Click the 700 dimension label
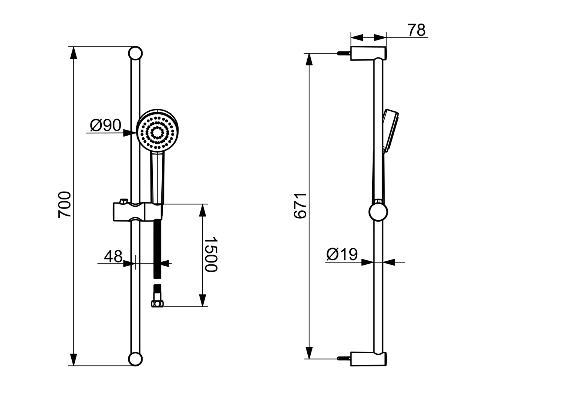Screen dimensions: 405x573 coord(65,204)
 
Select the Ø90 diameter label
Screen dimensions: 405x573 coord(106,125)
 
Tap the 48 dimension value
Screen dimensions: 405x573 coord(113,256)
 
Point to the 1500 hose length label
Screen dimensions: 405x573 coord(211,255)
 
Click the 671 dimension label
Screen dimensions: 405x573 coord(300,206)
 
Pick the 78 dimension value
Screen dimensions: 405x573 coord(417,30)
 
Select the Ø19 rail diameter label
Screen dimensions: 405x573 coord(342,254)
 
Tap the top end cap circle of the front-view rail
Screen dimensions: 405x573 coord(135,53)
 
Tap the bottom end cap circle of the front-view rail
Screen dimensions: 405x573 coord(135,359)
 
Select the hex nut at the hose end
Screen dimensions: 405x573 coord(157,304)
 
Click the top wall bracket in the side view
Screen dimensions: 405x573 coord(368,53)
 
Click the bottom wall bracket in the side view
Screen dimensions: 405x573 coord(368,359)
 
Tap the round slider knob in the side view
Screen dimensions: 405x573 coord(378,212)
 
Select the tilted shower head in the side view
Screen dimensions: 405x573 coord(390,129)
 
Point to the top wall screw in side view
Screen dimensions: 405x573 coord(343,53)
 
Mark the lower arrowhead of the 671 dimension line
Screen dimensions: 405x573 coord(309,353)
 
